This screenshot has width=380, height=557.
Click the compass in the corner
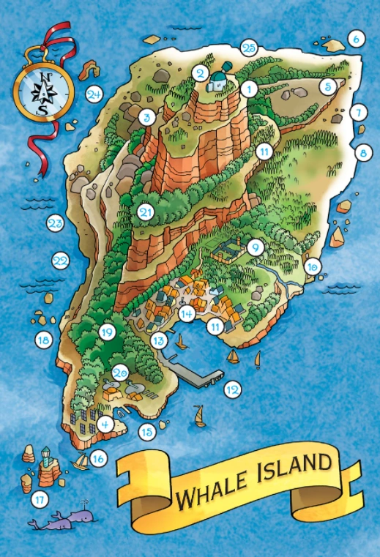pos(43,91)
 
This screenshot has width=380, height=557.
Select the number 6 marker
pos(355,39)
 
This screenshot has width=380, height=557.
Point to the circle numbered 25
pos(249,48)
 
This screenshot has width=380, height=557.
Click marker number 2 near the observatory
pos(199,72)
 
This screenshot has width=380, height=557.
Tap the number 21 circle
pos(145,212)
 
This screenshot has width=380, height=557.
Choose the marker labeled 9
pos(254,247)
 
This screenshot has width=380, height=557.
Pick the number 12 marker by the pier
pos(232,390)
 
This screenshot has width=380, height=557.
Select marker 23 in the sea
pos(55,224)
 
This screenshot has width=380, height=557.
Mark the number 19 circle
pos(108,332)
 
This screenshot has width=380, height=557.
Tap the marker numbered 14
pos(187,314)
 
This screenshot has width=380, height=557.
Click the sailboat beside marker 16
pos(82,461)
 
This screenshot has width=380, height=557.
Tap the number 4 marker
pos(105,423)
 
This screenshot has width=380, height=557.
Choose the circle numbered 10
pos(313,266)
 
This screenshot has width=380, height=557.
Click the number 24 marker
pos(94,94)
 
